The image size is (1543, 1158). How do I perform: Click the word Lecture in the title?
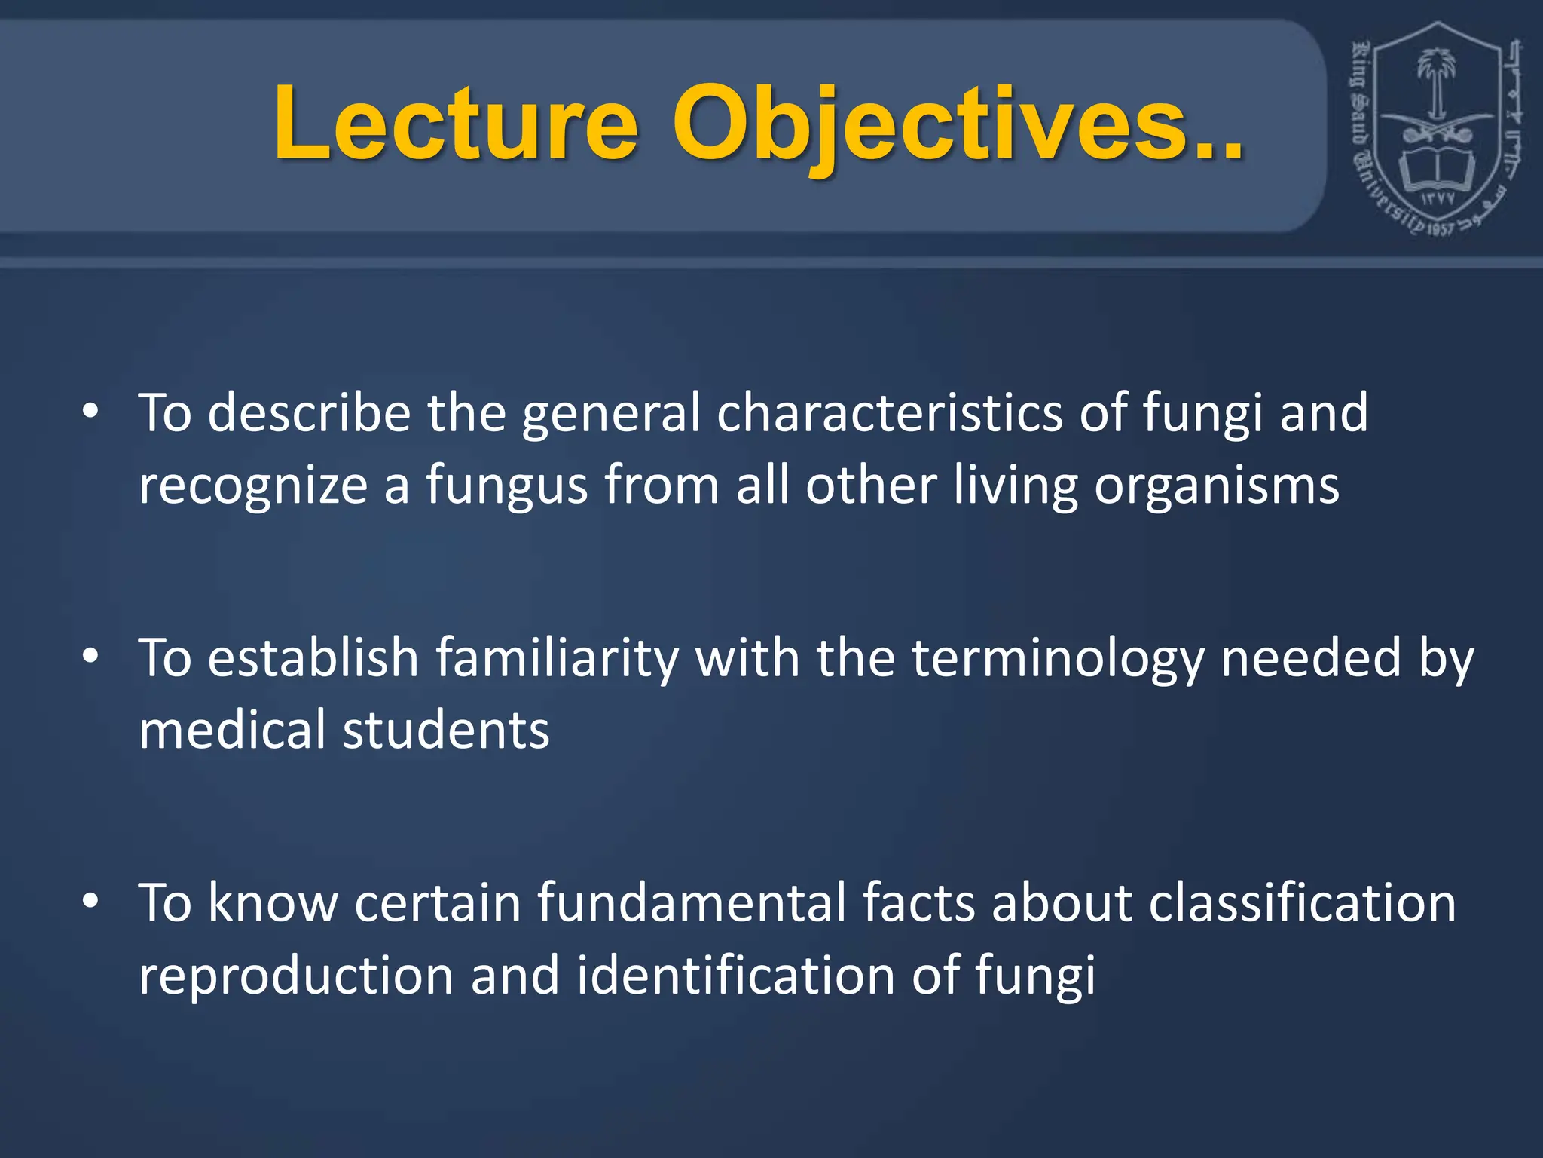click(x=456, y=124)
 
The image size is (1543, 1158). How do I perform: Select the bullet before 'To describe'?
click(x=90, y=412)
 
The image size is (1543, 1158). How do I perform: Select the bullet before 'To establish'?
click(x=90, y=657)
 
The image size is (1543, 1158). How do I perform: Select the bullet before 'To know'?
click(x=90, y=902)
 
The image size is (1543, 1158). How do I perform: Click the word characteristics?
click(x=890, y=413)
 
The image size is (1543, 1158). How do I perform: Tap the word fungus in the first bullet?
click(x=507, y=486)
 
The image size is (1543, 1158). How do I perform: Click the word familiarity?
click(x=558, y=658)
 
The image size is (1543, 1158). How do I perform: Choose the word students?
click(x=446, y=730)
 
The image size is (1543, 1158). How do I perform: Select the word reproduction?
click(x=296, y=976)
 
